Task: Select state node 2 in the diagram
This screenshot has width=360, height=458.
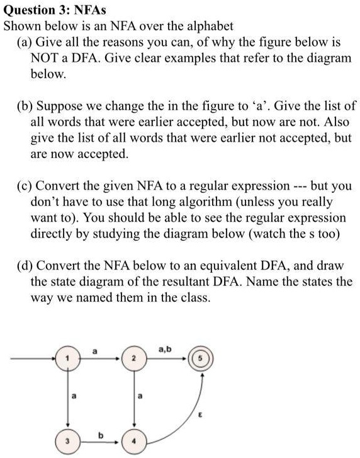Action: click(x=133, y=360)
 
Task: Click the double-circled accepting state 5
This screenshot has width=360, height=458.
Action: click(x=201, y=360)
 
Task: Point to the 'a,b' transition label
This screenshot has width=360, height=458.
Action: click(x=165, y=347)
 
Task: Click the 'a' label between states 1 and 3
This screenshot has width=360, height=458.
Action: click(x=76, y=396)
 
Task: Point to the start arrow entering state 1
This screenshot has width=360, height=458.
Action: click(x=38, y=360)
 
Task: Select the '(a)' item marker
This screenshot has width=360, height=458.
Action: click(x=25, y=43)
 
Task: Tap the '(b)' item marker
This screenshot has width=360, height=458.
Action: click(x=25, y=105)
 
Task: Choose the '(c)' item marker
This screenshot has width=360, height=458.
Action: click(x=25, y=186)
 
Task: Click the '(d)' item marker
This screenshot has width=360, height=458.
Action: click(x=25, y=264)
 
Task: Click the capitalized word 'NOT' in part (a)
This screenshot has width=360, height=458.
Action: click(x=45, y=59)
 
